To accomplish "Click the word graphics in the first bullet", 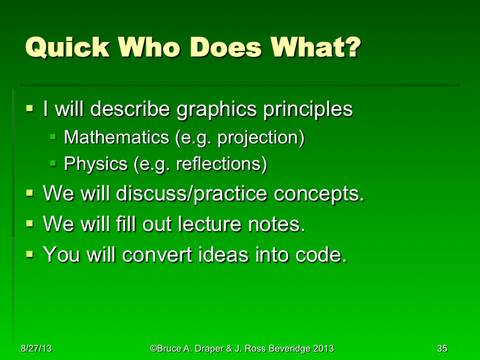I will click(217, 110).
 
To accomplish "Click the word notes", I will click(277, 224).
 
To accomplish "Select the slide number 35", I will click(442, 349).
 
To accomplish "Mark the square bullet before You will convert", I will click(30, 255).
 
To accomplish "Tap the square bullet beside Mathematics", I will click(53, 138).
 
